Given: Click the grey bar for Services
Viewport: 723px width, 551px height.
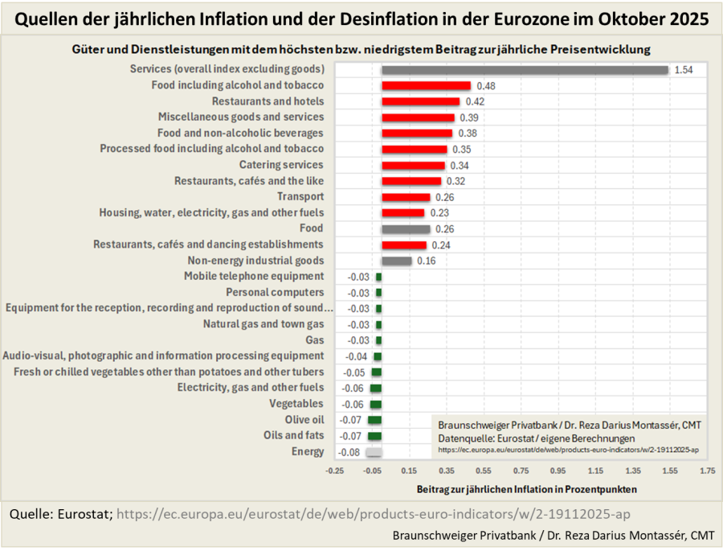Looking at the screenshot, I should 525,70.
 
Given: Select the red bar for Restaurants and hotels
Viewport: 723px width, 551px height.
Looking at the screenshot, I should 420,101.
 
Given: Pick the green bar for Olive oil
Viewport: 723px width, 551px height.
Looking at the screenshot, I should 374,420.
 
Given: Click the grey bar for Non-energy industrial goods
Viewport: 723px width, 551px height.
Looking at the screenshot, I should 396,261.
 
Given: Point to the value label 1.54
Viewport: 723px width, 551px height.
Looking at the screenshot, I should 684,70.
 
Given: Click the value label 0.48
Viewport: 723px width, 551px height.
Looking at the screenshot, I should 485,86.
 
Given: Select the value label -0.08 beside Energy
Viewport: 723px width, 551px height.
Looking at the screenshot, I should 349,452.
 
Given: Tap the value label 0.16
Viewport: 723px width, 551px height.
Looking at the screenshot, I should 426,261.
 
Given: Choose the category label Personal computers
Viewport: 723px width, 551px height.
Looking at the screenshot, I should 275,292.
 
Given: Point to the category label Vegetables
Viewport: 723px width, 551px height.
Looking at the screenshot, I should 296,404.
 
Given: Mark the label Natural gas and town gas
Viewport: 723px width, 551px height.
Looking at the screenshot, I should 263,324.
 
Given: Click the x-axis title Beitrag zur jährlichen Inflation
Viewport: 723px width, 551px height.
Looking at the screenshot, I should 527,489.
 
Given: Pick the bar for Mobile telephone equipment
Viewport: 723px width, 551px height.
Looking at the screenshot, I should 378,277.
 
